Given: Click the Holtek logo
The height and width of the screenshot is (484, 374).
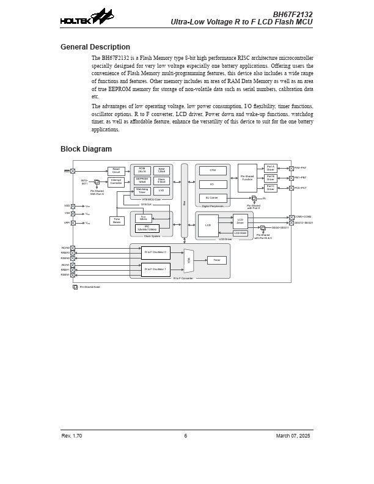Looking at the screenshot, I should pos(86,18).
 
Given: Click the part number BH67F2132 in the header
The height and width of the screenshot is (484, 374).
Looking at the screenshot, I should pos(292,15).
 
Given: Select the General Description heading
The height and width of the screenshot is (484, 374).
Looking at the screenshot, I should pos(95,47).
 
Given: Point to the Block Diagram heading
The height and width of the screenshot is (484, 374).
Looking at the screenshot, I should pos(86,149).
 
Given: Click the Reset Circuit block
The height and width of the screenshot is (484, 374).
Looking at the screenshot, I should pos(116,171).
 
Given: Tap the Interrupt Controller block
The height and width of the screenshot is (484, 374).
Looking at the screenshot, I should pos(116,182).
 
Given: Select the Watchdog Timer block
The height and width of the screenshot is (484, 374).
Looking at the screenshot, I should pos(142,191).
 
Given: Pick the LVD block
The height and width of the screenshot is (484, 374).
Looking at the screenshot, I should pos(161,191).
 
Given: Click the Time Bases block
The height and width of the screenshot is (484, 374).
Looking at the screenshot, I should pos(117,221).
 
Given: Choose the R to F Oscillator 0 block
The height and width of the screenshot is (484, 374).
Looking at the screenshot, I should pos(155,252).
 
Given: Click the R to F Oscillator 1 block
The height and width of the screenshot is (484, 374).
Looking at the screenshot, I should pos(155,269).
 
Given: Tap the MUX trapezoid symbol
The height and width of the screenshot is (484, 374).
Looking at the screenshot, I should pos(189,260).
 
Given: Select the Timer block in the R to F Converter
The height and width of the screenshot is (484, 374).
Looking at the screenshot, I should pos(216,260).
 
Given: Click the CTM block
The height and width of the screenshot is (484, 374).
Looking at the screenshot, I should pos(213,170).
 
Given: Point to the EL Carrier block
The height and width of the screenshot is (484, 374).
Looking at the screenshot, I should pos(213,198).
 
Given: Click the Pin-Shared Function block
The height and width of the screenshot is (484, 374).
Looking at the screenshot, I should pos(247,178).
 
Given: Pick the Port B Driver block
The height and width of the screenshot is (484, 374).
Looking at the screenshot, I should pos(270,178).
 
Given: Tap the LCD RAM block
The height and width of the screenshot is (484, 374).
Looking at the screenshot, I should pos(240,233).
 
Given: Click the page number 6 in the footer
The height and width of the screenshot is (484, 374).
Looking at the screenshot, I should pos(186,436).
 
